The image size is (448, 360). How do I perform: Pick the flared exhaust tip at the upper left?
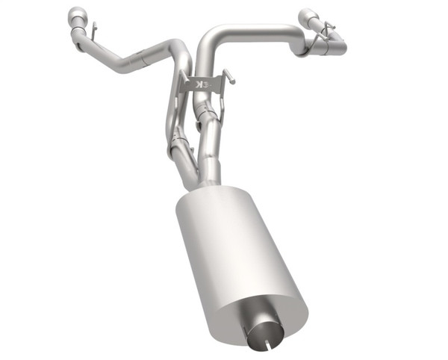76,16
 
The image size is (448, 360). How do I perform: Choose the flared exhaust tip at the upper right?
308,17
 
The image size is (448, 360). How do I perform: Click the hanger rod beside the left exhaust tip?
93,30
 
